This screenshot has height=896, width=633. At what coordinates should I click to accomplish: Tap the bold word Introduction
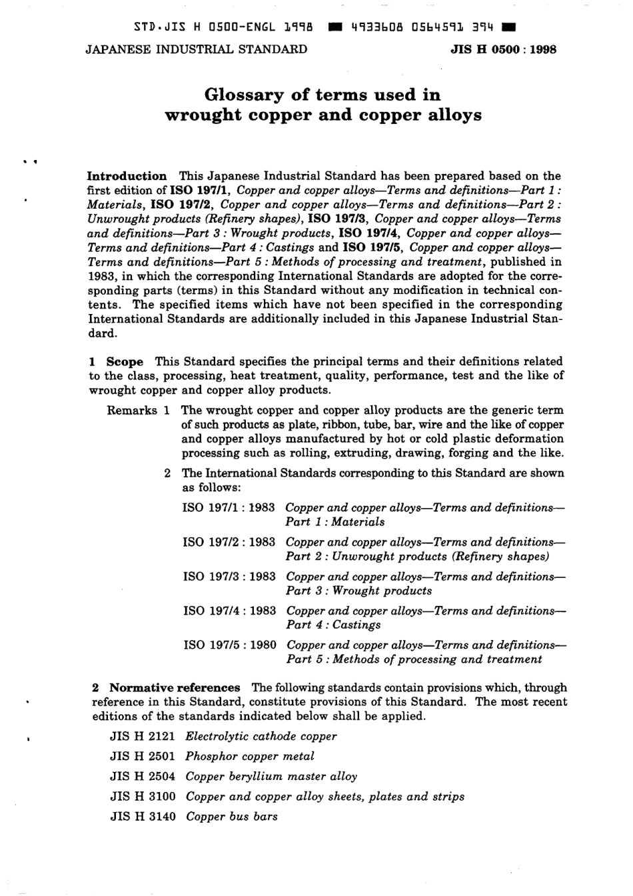point(127,176)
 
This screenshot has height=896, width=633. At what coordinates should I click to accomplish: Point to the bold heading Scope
point(125,361)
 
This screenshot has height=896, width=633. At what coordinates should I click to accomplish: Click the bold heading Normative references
point(175,687)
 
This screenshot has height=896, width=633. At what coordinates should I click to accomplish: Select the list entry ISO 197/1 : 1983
point(229,508)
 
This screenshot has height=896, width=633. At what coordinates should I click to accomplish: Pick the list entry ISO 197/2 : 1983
point(229,542)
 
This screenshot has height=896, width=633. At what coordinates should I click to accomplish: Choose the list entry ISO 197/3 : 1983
point(229,577)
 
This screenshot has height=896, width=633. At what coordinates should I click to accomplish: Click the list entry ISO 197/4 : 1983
point(229,611)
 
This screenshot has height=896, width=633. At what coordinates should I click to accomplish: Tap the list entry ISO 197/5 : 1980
point(229,645)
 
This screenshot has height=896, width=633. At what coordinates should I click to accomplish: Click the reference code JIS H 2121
point(143,737)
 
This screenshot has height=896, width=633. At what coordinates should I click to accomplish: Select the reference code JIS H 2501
point(143,757)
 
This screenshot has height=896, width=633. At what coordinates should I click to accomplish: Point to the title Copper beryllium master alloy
point(271,777)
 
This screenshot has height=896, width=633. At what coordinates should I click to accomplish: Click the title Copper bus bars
point(231,817)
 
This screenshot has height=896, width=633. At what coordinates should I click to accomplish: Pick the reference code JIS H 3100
point(143,797)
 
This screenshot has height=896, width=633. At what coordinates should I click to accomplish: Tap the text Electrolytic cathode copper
point(261,737)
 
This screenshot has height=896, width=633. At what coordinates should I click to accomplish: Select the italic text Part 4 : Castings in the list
point(333,625)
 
